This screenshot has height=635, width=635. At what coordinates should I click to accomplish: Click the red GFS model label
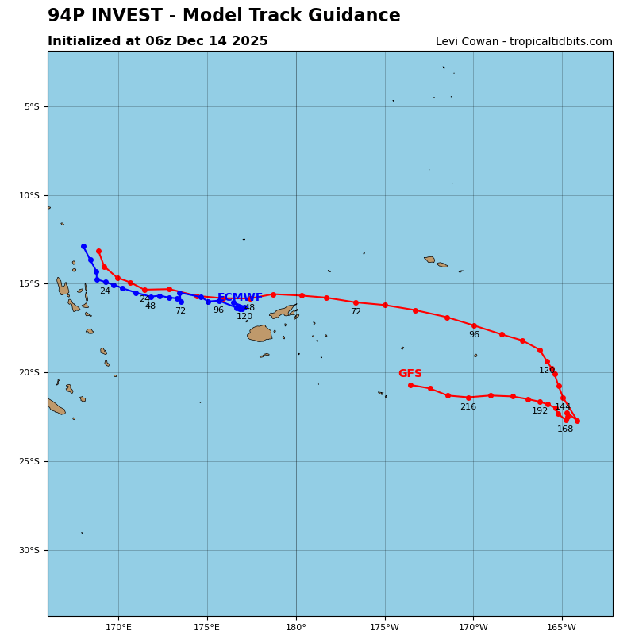410,374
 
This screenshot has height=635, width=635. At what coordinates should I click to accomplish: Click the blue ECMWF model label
240,298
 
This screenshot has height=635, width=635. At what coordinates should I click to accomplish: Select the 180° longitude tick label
296,628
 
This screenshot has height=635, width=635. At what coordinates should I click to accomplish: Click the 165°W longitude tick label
562,628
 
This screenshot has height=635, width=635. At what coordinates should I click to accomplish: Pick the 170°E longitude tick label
118,628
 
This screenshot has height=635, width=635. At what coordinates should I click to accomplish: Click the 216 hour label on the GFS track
468,407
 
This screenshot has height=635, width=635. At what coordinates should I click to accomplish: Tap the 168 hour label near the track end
565,429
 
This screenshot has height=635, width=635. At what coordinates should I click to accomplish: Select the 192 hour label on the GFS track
540,411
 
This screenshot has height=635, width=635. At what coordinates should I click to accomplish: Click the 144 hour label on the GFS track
563,407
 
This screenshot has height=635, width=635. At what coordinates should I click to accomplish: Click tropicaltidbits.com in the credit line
567,42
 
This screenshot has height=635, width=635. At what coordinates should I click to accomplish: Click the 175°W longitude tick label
384,628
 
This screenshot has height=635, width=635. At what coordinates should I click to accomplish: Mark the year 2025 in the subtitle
250,41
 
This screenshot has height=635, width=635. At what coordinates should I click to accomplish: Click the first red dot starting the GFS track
98,251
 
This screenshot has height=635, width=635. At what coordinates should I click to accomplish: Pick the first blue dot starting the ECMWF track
83,247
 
